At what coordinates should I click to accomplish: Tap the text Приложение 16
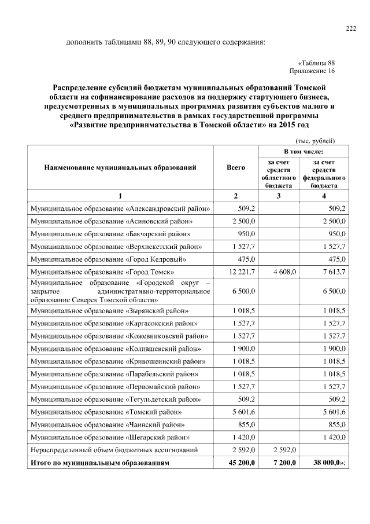[x=312, y=71]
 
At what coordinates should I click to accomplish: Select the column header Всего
[x=236, y=167]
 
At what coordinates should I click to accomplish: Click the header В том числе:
[x=302, y=151]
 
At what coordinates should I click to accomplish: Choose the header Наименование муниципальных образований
[x=120, y=167]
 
